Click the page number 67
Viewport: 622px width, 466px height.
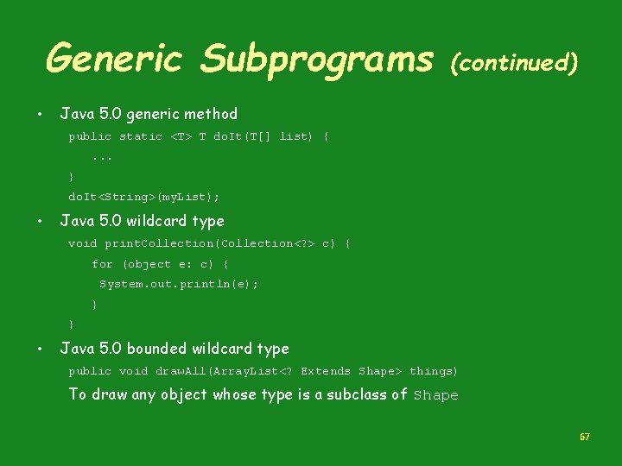[x=585, y=438]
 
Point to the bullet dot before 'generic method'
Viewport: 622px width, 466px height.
[x=40, y=115]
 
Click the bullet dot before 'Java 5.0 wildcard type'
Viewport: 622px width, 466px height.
[x=40, y=222]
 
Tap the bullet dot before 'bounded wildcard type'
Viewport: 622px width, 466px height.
[x=40, y=349]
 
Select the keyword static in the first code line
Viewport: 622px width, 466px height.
[x=141, y=136]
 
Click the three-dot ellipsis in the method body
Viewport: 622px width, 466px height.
[x=103, y=157]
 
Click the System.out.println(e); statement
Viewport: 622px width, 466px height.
[x=179, y=284]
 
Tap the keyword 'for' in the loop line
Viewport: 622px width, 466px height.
[x=102, y=264]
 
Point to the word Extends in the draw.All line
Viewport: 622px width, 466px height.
[x=326, y=371]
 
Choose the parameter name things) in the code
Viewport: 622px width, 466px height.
[x=434, y=371]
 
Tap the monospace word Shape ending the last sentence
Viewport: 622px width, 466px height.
[x=435, y=395]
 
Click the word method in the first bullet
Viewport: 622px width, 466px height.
[x=212, y=114]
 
